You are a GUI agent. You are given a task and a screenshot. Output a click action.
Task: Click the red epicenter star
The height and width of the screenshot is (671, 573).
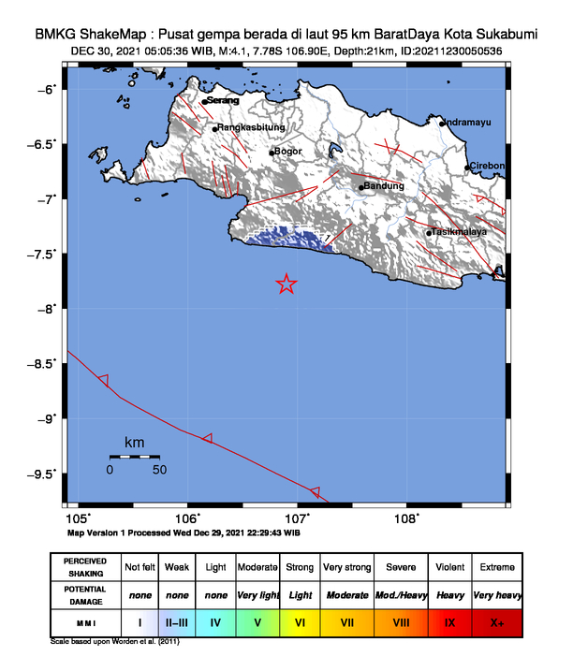pos(286,284)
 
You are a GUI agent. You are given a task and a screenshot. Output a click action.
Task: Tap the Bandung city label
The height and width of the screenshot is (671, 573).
pos(384,186)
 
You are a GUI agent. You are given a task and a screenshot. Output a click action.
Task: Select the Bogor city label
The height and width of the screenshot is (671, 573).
pos(287,152)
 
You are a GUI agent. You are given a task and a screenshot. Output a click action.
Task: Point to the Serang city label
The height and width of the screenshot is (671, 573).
pos(221,101)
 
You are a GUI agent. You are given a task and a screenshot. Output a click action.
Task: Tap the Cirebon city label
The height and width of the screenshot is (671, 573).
pos(488,167)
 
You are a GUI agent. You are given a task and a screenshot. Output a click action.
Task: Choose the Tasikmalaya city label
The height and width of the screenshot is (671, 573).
pos(460,232)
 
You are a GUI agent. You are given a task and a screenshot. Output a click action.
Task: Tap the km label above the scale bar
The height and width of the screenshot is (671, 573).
pos(134,442)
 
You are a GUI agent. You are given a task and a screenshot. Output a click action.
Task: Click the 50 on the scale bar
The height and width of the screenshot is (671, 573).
pos(159,469)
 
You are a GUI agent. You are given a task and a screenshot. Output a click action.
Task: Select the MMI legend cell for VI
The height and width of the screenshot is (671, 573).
pos(301,620)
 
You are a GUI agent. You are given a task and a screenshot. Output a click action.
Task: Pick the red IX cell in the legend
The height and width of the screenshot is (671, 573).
pos(449,620)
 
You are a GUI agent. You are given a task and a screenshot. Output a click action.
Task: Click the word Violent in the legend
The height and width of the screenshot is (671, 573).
pos(449,568)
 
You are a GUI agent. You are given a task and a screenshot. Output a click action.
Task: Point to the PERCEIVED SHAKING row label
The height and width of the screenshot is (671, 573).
pos(84,568)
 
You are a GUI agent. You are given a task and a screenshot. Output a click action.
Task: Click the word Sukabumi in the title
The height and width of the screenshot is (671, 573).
pos(502,34)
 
